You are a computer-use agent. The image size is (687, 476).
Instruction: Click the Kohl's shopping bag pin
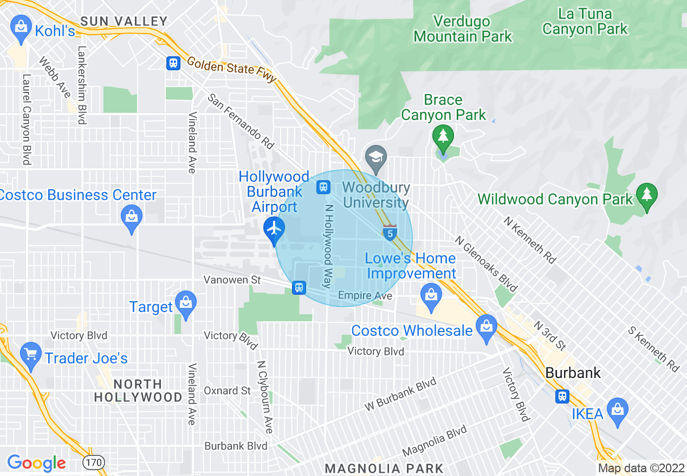tap(21, 30)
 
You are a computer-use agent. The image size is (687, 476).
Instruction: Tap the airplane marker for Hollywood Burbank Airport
tap(275, 228)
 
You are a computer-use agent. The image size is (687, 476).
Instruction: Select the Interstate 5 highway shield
tap(390, 233)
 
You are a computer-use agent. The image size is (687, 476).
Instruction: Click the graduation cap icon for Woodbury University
tap(375, 157)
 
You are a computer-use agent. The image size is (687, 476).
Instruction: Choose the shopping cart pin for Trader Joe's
tap(30, 355)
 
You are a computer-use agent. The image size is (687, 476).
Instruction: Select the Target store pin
tap(186, 303)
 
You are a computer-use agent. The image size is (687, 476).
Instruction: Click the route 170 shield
tap(94, 463)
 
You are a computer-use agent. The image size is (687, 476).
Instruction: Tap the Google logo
tap(36, 463)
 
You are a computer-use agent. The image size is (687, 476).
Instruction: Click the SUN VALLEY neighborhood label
tap(124, 21)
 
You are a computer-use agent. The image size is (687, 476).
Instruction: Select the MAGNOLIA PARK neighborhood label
tap(384, 468)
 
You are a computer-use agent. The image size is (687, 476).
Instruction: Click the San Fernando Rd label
tap(242, 121)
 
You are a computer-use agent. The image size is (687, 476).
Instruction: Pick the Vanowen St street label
tap(232, 280)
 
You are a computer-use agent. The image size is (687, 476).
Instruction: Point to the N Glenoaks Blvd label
tap(487, 263)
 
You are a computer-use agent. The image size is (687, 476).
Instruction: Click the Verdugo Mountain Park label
tap(463, 29)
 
